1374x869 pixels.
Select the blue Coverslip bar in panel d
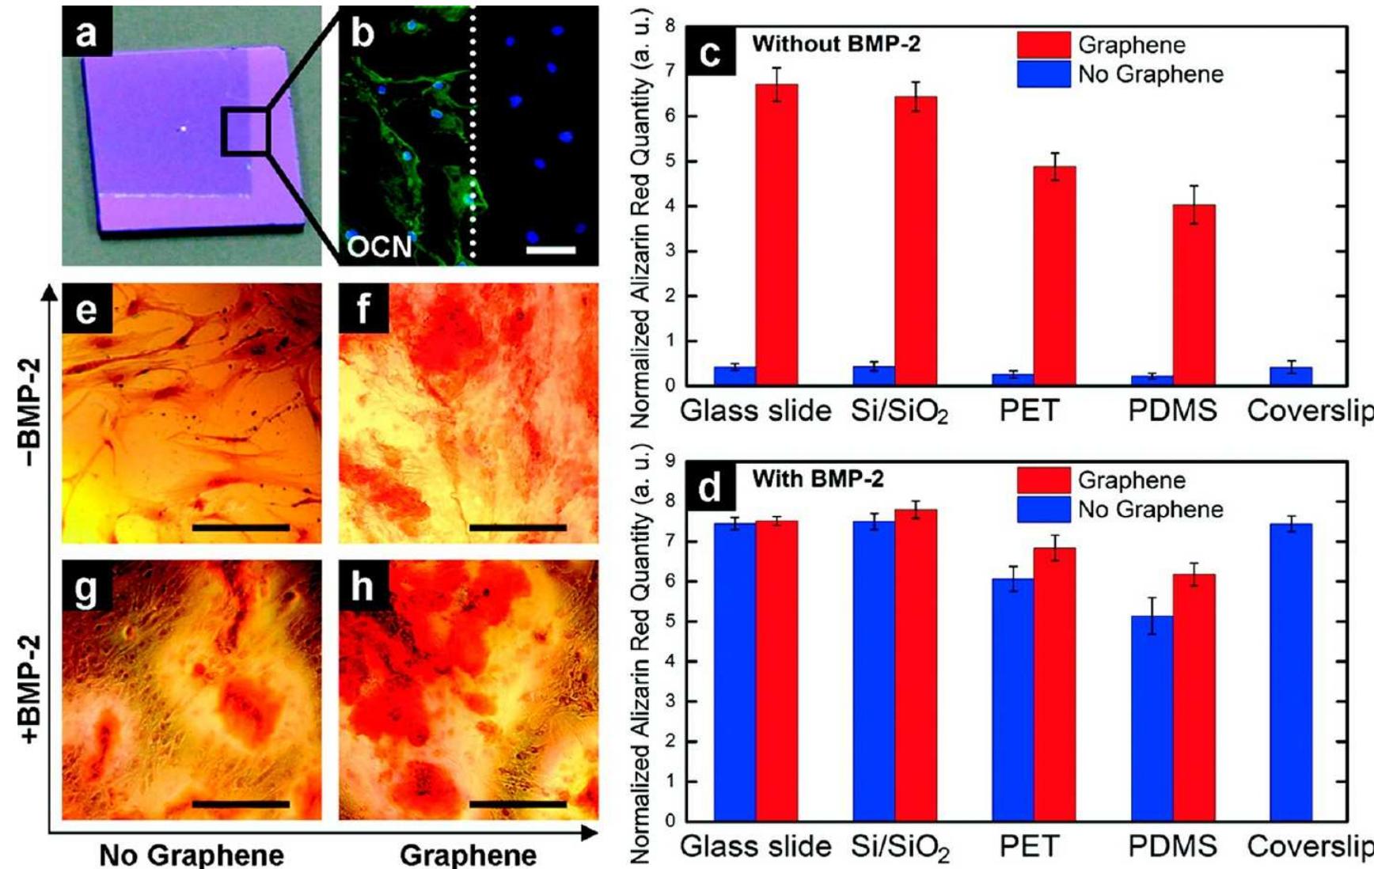pos(1290,673)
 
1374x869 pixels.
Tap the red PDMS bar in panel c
pos(1194,294)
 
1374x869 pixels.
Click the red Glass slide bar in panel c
pos(776,234)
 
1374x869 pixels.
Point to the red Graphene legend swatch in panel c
pos(1043,45)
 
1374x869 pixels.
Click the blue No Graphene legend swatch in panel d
pos(1043,510)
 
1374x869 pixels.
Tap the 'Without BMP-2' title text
pos(836,44)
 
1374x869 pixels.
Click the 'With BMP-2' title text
pos(818,479)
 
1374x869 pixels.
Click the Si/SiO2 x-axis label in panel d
pos(899,848)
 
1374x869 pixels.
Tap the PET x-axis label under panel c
pos(1029,412)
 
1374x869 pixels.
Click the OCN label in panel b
pos(380,246)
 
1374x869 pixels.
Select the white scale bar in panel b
pos(550,250)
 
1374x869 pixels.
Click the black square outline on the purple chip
pos(245,132)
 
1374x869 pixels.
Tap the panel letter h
pos(362,587)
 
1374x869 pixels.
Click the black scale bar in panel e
pos(241,526)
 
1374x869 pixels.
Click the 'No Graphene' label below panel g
pos(192,855)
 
